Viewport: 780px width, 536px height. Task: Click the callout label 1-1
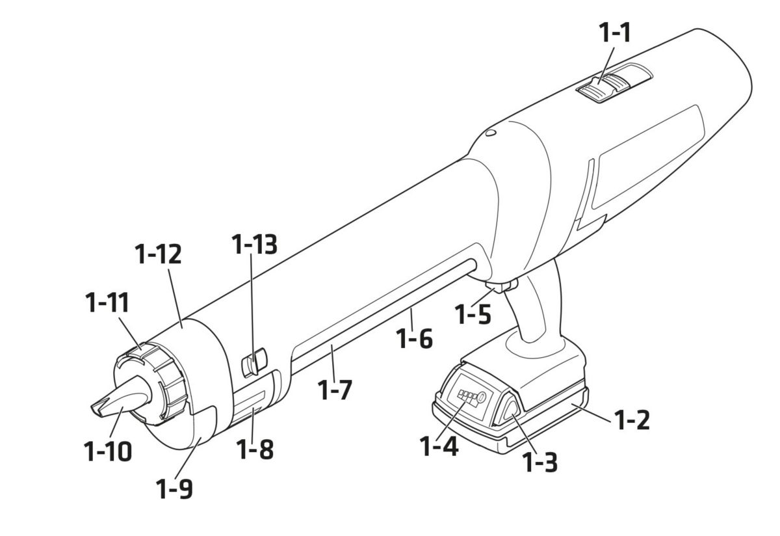pos(615,33)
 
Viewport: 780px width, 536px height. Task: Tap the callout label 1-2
pos(632,420)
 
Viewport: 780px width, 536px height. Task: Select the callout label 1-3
pos(540,462)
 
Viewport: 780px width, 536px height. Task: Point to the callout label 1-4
pos(439,446)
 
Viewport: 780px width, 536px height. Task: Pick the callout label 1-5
pos(473,314)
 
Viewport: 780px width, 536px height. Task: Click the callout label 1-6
pos(415,339)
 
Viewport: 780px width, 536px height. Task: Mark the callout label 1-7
pos(335,390)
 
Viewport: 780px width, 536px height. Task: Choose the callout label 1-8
pos(255,449)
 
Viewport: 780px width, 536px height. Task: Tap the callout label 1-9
pos(174,489)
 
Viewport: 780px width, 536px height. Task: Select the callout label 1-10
pos(108,451)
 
